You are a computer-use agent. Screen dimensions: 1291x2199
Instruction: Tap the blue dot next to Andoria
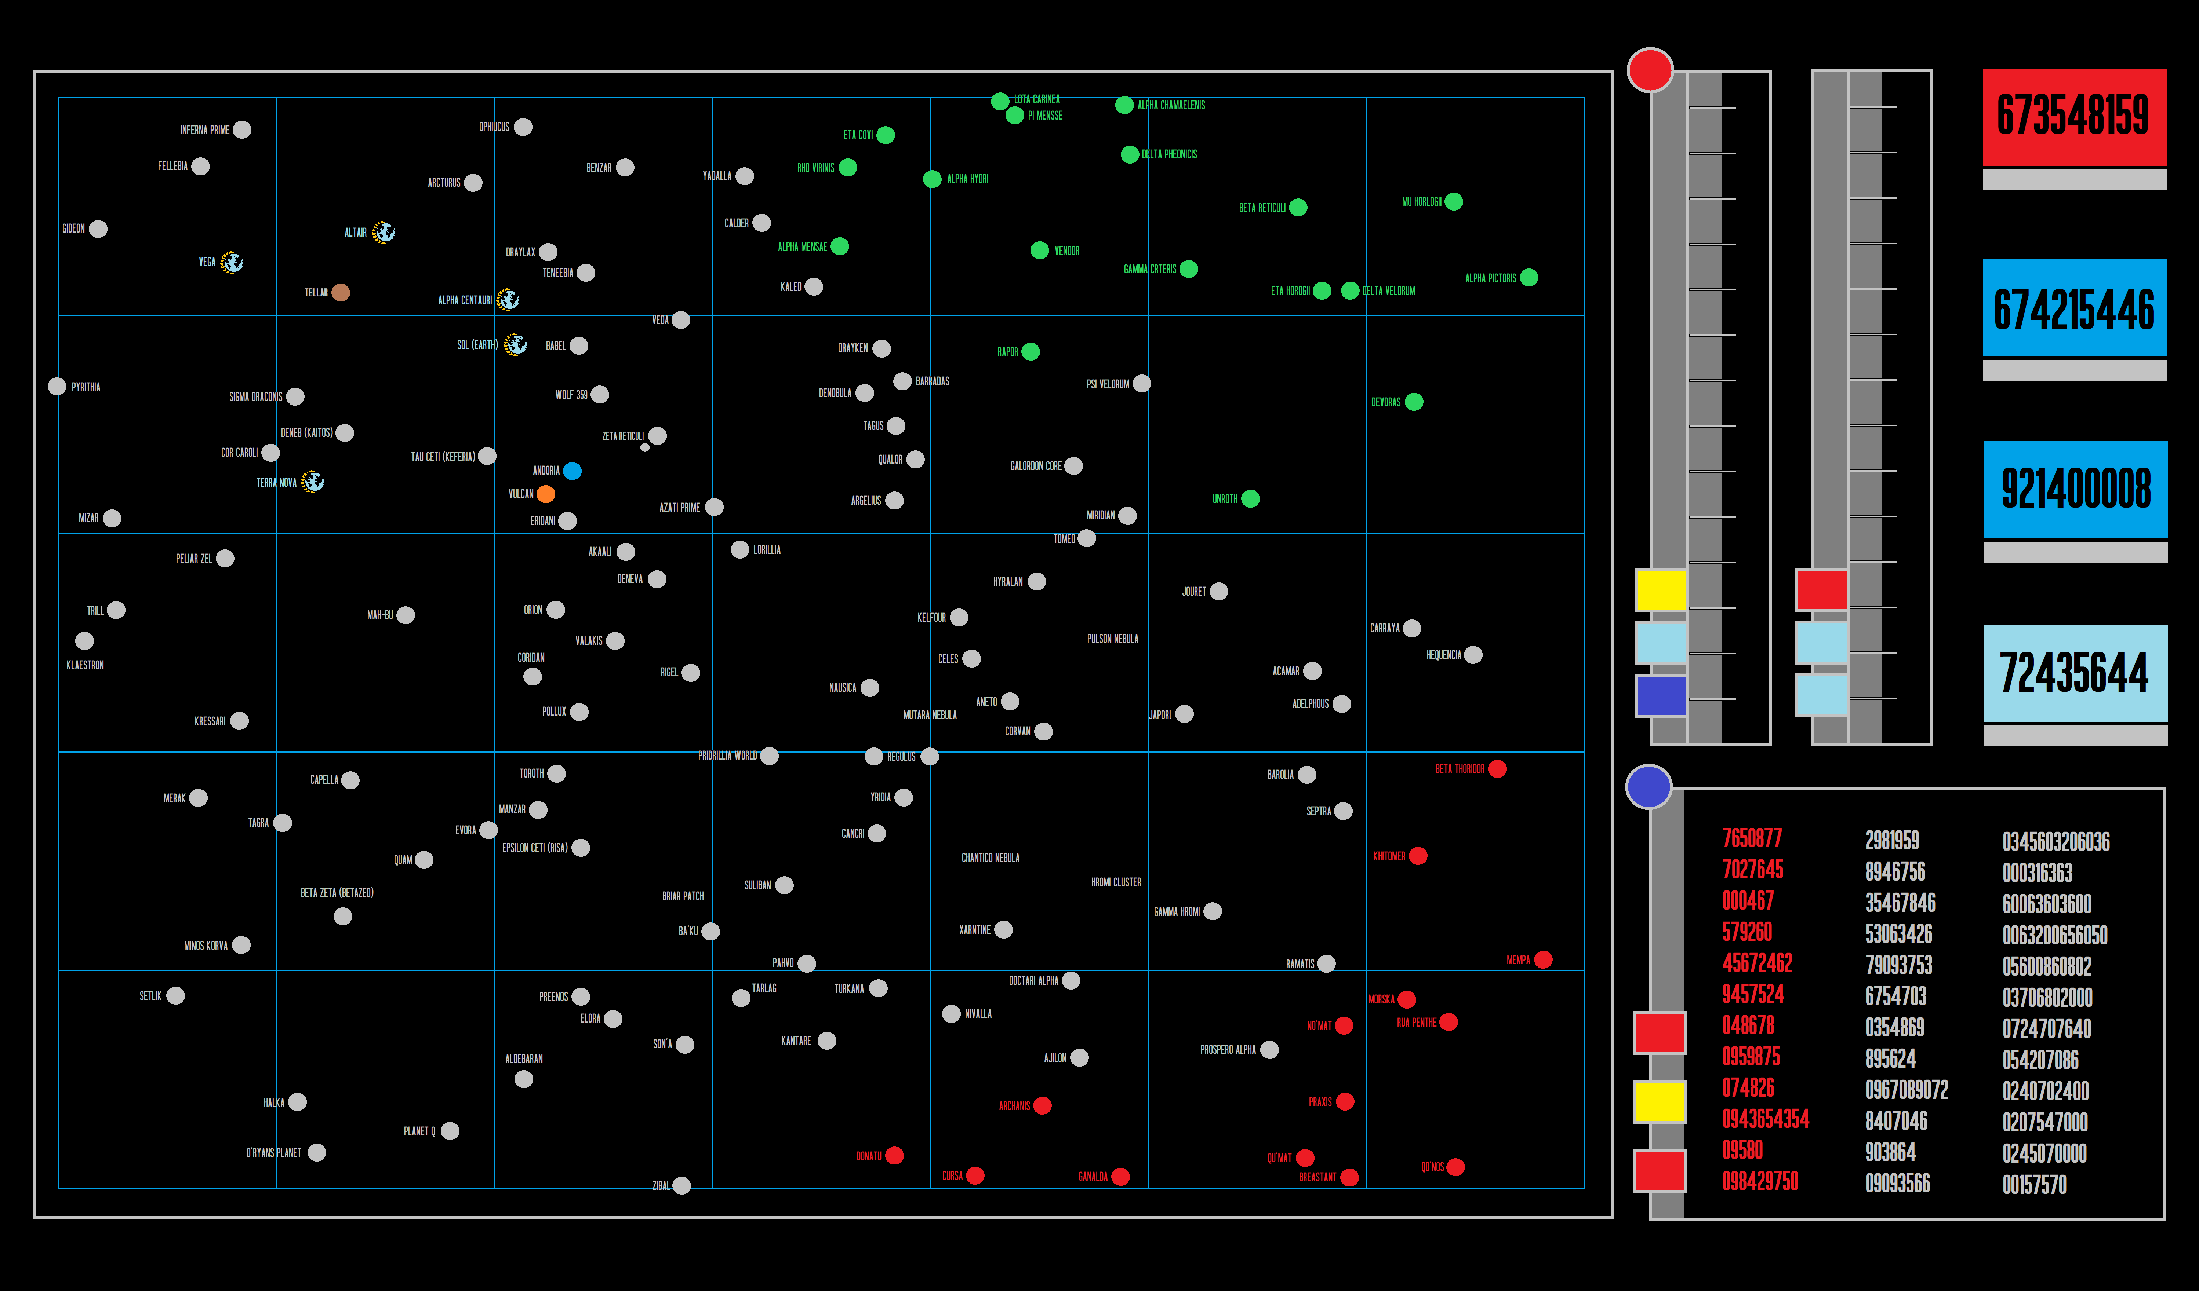pos(573,471)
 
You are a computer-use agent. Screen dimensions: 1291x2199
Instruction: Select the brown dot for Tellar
pos(340,292)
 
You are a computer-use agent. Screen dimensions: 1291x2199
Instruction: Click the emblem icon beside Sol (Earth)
pos(516,344)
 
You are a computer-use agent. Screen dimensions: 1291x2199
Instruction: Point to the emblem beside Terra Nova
pos(312,482)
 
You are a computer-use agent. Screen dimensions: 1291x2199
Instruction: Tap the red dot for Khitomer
pos(1418,856)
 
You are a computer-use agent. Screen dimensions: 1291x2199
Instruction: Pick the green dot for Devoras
pos(1414,402)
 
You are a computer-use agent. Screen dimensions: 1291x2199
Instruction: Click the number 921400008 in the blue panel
pos(2075,489)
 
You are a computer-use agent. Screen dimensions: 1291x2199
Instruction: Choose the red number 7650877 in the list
pos(1751,838)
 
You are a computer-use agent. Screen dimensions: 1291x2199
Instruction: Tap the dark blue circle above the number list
pos(1649,787)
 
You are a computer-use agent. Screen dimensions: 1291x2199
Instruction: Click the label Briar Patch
pos(682,896)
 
